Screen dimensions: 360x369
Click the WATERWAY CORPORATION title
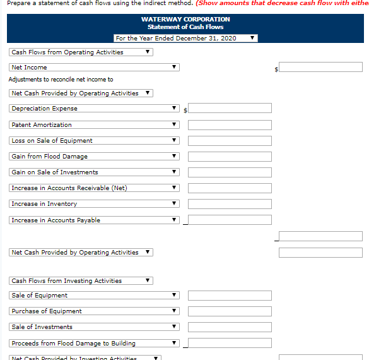(x=185, y=19)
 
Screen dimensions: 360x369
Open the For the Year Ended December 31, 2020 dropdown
(x=185, y=39)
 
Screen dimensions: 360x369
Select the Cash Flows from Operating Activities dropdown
(x=81, y=52)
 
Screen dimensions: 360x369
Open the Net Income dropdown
(x=94, y=67)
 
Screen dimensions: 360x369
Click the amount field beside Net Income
(x=320, y=67)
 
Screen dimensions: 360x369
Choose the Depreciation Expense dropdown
(x=94, y=109)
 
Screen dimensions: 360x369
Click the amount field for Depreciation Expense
(x=230, y=109)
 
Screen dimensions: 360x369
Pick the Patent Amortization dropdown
(x=94, y=125)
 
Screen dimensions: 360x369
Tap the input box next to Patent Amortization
(x=230, y=125)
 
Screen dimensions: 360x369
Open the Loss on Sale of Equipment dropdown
(x=94, y=141)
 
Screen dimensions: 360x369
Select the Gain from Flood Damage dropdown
(x=94, y=157)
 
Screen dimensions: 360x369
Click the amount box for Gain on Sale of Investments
(x=230, y=172)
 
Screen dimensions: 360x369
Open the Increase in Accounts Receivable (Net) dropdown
(x=94, y=188)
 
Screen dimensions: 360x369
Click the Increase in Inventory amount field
(x=230, y=204)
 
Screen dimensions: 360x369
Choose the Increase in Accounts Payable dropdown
(x=94, y=220)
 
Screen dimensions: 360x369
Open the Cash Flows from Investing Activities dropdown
(x=81, y=281)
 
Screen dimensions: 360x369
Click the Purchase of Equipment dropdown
(x=94, y=311)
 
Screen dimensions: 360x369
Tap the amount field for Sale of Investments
(x=230, y=327)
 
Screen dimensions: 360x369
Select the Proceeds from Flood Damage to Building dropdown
(x=94, y=344)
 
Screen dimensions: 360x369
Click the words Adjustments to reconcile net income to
(x=61, y=80)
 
